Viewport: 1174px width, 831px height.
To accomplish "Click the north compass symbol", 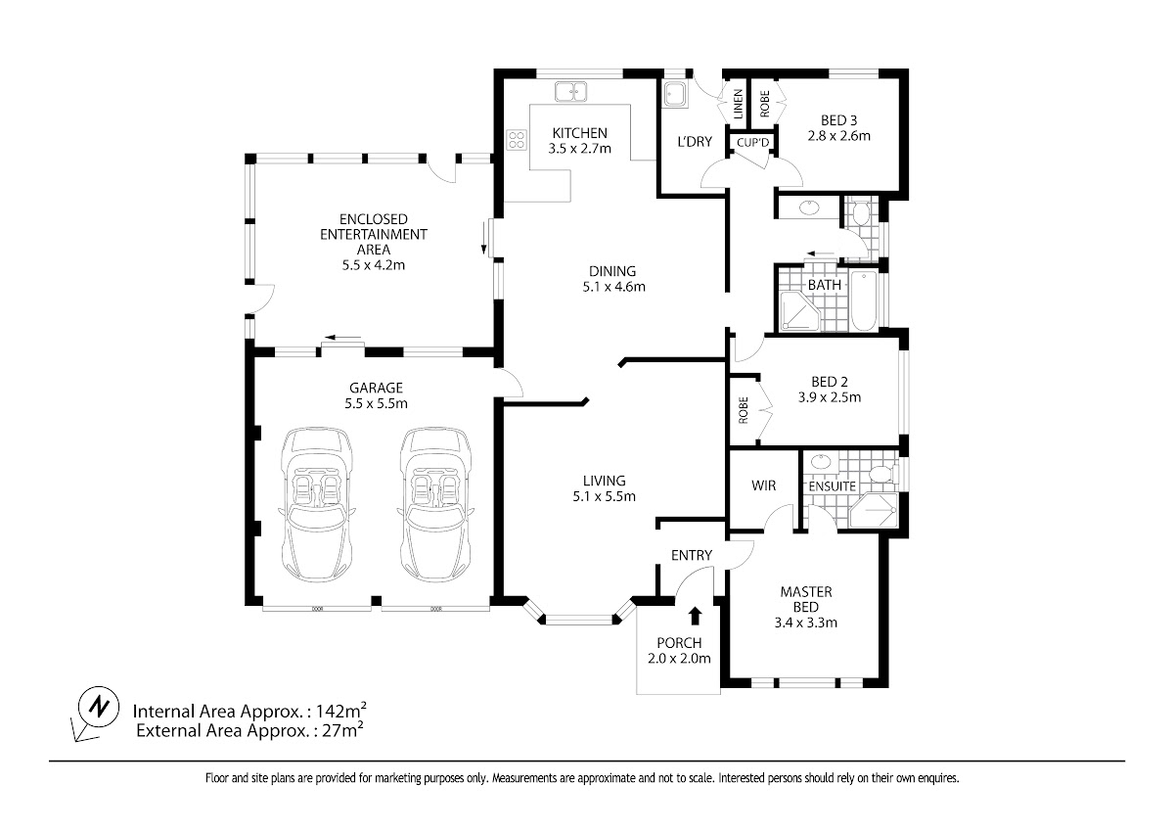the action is pos(98,708).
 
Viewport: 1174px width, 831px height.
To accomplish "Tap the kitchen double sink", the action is pos(570,91).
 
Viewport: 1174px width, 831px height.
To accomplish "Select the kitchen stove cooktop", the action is pos(517,140).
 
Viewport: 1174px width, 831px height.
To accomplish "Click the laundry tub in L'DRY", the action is pos(676,95).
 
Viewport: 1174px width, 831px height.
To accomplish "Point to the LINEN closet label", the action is pos(738,104).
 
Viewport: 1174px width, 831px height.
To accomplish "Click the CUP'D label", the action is pos(752,143).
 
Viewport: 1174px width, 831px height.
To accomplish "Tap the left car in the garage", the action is pos(317,504).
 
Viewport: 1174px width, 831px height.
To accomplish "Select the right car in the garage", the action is pos(435,504).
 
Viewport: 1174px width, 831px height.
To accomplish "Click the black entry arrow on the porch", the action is pos(695,616).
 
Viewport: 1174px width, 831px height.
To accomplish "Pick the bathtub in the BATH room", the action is pos(863,300).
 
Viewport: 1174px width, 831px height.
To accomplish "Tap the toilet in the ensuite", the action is pos(883,475).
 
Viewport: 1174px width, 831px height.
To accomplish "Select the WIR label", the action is pos(764,485).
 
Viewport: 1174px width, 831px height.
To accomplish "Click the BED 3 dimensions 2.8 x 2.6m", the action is pos(839,136).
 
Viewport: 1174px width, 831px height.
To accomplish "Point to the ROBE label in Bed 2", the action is pos(744,410).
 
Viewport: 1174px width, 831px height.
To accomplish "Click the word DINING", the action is pos(612,271).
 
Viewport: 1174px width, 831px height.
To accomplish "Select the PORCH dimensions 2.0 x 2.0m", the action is pos(679,658).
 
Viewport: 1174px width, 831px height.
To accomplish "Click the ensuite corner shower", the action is pos(874,510).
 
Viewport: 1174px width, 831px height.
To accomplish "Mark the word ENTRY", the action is pos(692,555).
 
